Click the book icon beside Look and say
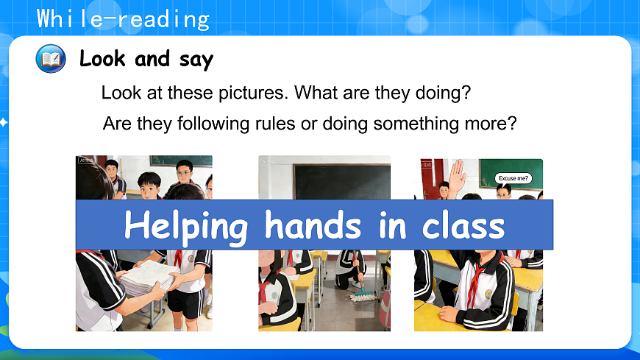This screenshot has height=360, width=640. [x=51, y=58]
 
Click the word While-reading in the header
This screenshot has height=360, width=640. [x=123, y=18]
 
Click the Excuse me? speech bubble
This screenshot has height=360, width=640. [x=513, y=178]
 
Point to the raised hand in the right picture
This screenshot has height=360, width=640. [x=458, y=177]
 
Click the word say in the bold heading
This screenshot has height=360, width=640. [x=196, y=58]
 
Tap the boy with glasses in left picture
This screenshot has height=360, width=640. [x=184, y=174]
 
